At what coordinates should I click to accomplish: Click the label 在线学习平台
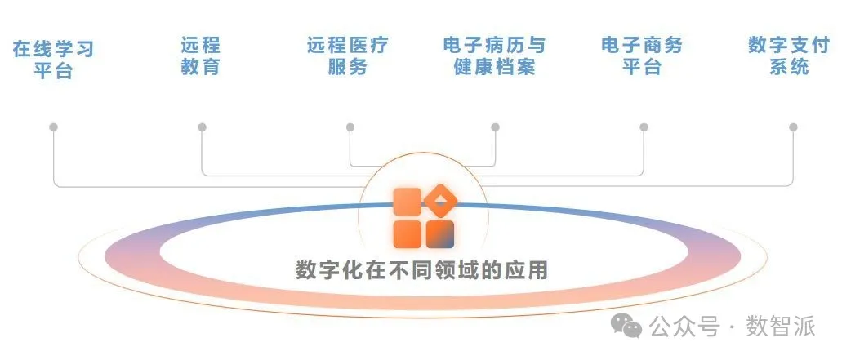pyautogui.click(x=53, y=60)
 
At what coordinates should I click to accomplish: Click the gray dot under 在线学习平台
pyautogui.click(x=54, y=127)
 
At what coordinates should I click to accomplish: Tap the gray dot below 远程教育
pyautogui.click(x=202, y=127)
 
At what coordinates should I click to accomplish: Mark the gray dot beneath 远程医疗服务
pyautogui.click(x=350, y=127)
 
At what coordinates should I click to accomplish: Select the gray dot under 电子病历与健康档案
pyautogui.click(x=495, y=127)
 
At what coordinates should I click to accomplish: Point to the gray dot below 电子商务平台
pyautogui.click(x=644, y=127)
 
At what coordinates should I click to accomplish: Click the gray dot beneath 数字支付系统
pyautogui.click(x=792, y=127)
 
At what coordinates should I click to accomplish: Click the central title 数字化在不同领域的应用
pyautogui.click(x=421, y=270)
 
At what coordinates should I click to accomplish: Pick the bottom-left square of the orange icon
pyautogui.click(x=407, y=233)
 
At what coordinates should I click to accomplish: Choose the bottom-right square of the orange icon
pyautogui.click(x=440, y=233)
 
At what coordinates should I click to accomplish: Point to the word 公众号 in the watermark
pyautogui.click(x=684, y=327)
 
